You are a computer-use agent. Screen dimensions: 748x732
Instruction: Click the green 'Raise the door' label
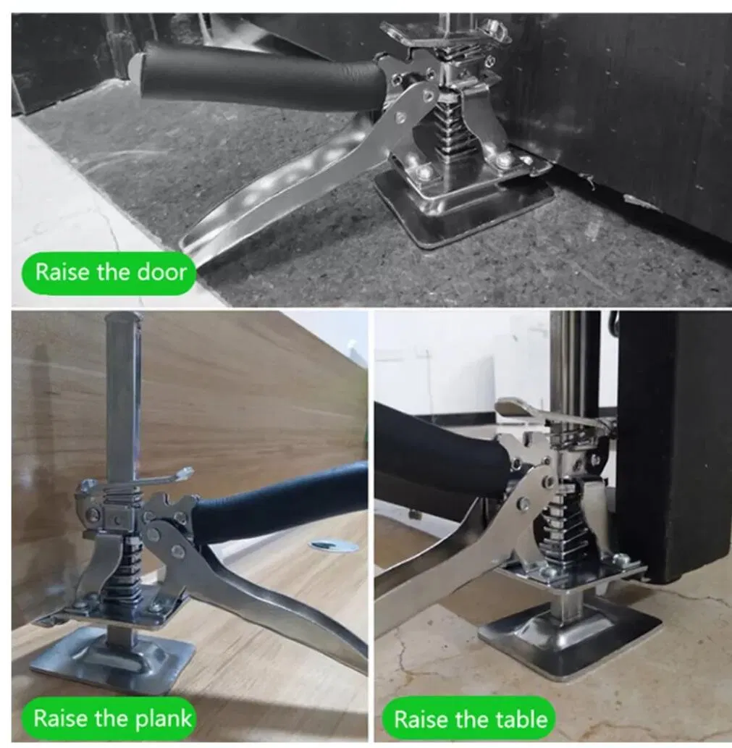[111, 272]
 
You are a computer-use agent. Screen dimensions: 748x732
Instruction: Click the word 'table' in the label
[521, 719]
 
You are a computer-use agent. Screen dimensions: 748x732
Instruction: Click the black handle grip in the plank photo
[282, 499]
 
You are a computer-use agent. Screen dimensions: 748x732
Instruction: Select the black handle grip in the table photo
[442, 449]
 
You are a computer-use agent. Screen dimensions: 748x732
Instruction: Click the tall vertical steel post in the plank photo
[122, 391]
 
